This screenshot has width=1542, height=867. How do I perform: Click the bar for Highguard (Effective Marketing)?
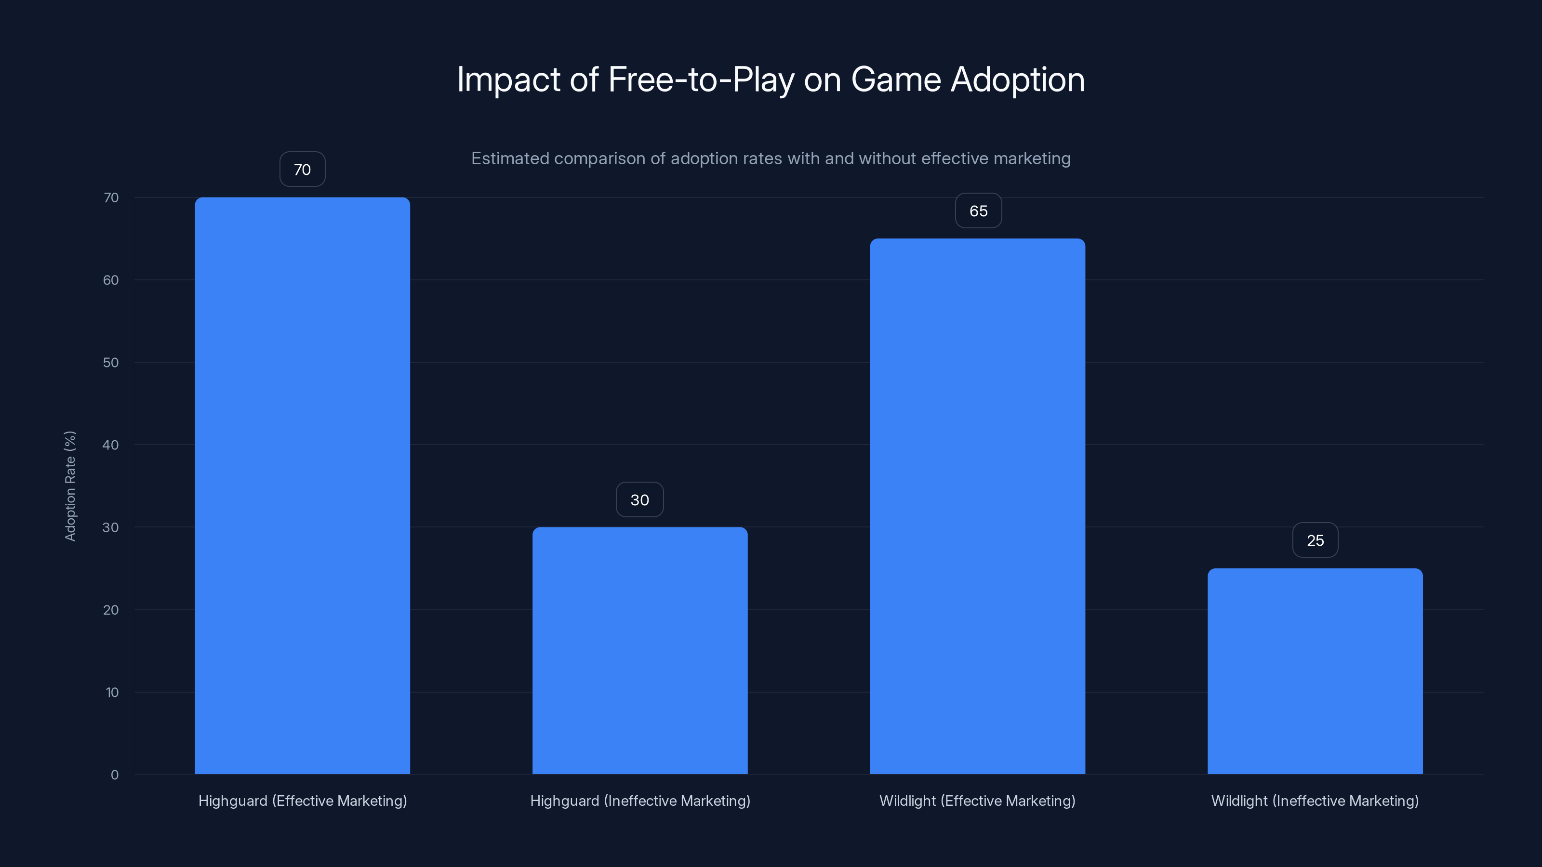pyautogui.click(x=302, y=485)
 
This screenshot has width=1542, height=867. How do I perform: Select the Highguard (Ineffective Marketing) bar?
pyautogui.click(x=640, y=650)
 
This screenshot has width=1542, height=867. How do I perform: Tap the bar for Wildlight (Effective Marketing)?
pyautogui.click(x=978, y=506)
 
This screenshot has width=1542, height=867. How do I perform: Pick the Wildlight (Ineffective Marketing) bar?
pyautogui.click(x=1315, y=671)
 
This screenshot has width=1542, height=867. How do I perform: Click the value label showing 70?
pyautogui.click(x=302, y=170)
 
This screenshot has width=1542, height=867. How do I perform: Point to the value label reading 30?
pyautogui.click(x=640, y=499)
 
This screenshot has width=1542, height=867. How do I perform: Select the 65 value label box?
pyautogui.click(x=978, y=210)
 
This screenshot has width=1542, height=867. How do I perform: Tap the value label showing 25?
pyautogui.click(x=1315, y=540)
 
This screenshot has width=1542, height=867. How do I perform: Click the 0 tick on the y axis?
pyautogui.click(x=114, y=775)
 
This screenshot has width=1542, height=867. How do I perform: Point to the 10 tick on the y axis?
pyautogui.click(x=112, y=692)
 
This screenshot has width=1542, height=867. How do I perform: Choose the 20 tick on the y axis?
pyautogui.click(x=111, y=610)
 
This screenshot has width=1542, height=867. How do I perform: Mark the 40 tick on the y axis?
pyautogui.click(x=111, y=445)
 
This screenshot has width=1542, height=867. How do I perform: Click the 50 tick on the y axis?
pyautogui.click(x=111, y=362)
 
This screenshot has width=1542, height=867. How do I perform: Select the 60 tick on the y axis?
pyautogui.click(x=111, y=280)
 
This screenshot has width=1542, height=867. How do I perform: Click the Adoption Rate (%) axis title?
pyautogui.click(x=70, y=486)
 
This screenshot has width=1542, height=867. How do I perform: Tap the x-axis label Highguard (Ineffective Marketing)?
pyautogui.click(x=640, y=801)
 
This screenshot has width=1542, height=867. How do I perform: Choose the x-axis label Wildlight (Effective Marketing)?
pyautogui.click(x=978, y=801)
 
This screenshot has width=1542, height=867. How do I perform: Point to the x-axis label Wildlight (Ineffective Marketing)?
pyautogui.click(x=1315, y=801)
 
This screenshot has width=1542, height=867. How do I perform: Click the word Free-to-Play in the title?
pyautogui.click(x=700, y=79)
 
